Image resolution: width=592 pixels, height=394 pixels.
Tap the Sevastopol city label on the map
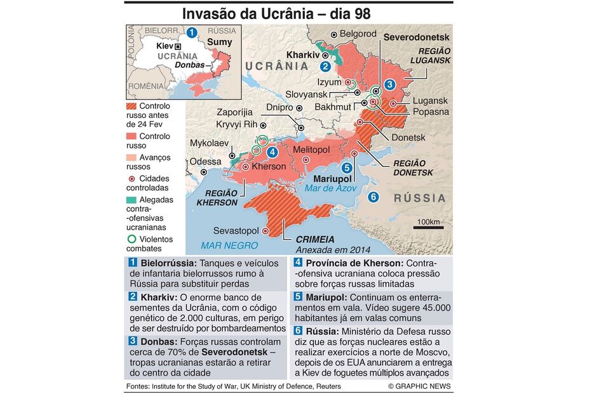[x=236, y=231]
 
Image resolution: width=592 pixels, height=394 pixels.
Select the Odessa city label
[x=206, y=161]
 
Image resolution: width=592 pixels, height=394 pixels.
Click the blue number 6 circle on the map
[x=373, y=197]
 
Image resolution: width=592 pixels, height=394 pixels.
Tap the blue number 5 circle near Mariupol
[x=346, y=168]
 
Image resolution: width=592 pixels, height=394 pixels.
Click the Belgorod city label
[x=358, y=34]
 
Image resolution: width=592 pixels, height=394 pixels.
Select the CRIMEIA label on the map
[x=314, y=240]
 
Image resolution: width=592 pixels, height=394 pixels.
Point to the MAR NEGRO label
[x=229, y=246]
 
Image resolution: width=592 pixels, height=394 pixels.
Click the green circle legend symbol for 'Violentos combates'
[x=131, y=240]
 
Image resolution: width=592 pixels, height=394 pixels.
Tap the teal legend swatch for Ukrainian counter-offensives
[x=132, y=200]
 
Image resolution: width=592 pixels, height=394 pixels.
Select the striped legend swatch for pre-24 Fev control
[x=132, y=106]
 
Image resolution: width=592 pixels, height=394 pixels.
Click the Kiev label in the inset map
[x=165, y=46]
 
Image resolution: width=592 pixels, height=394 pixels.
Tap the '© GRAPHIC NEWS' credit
[x=419, y=386]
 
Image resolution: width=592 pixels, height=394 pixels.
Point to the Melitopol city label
[x=311, y=150]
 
